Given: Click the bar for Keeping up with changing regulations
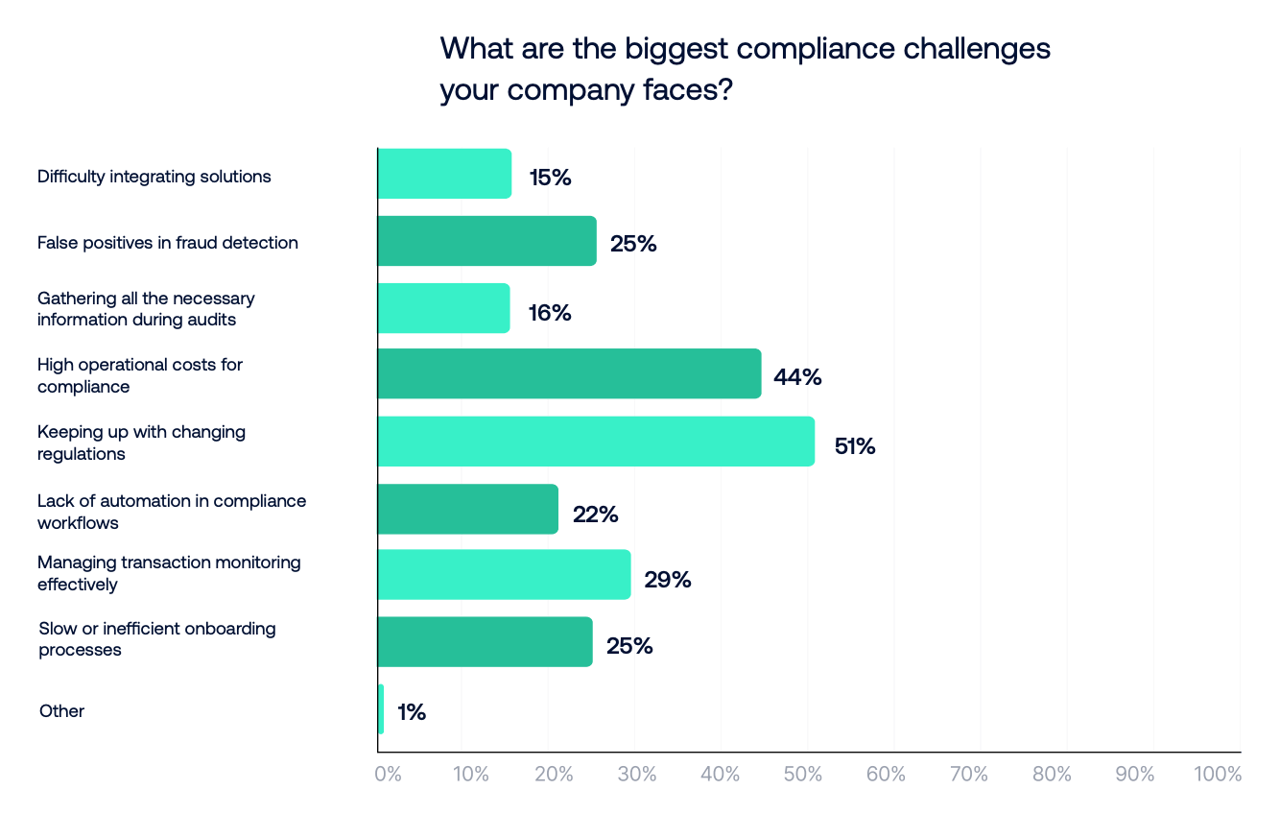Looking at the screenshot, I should click(596, 442).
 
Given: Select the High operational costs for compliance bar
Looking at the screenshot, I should click(569, 373).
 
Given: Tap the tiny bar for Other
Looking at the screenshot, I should click(381, 709).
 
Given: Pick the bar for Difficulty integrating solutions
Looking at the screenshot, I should click(444, 174).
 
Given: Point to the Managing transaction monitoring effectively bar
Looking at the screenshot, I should click(504, 575).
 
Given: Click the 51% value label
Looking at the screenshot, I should click(855, 446).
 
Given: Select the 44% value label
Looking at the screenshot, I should click(797, 377).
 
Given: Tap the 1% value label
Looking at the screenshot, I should click(411, 712).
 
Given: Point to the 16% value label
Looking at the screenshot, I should click(550, 312).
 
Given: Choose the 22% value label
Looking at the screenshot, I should click(595, 515).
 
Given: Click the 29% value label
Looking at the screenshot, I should click(668, 580).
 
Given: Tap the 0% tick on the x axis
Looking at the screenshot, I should click(388, 774).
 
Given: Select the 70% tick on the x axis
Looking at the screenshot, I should click(969, 774).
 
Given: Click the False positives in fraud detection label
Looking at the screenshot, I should click(168, 243).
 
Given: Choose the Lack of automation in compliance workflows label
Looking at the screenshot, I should click(172, 512).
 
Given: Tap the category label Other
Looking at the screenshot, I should click(61, 711).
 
